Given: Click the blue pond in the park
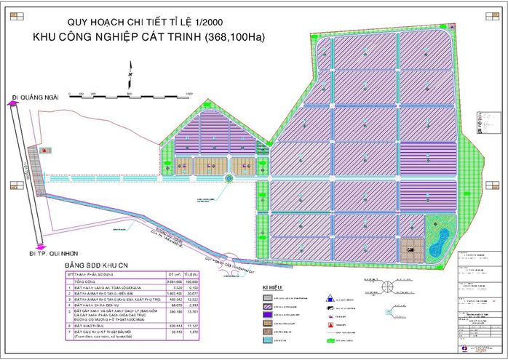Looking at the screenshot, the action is (x=439, y=236).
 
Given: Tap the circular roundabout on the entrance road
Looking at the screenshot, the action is (x=228, y=177).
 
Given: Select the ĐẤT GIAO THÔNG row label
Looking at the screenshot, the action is (x=87, y=326).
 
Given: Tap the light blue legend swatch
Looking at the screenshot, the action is (x=269, y=341).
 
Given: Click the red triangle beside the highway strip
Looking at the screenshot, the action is (x=46, y=149).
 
